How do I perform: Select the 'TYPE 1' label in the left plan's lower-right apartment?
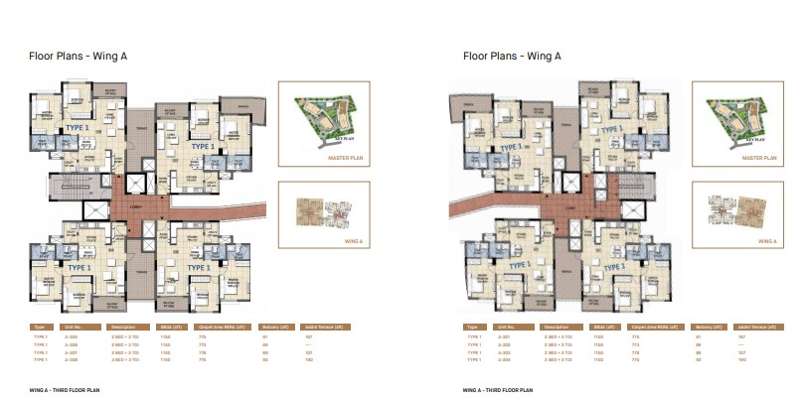click(x=197, y=267)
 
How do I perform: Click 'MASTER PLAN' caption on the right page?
click(x=759, y=157)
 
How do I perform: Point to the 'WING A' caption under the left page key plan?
click(x=348, y=240)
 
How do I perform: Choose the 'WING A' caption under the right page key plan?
click(x=766, y=240)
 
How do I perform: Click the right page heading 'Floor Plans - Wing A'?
click(x=505, y=56)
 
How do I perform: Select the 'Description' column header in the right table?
click(x=552, y=326)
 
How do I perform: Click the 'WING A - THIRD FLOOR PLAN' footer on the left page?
click(x=65, y=391)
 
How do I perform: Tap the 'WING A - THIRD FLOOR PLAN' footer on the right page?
click(x=494, y=391)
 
